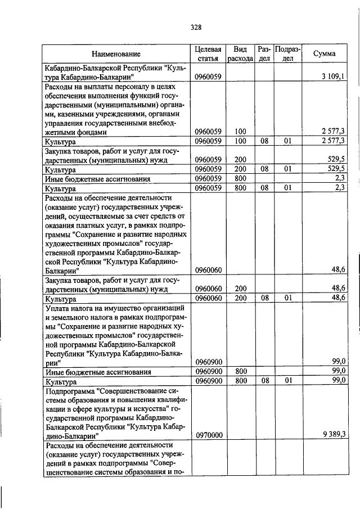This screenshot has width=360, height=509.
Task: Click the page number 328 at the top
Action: tap(196, 27)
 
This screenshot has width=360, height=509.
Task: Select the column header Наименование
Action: tap(116, 54)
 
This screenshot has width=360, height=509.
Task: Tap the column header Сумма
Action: tap(325, 54)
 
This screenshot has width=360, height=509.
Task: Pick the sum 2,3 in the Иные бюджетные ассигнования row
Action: tap(339, 179)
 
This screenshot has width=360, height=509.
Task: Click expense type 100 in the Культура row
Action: tap(241, 141)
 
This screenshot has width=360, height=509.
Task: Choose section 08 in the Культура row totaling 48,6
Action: tap(264, 298)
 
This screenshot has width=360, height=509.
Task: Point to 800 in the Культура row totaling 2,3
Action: tap(241, 188)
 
